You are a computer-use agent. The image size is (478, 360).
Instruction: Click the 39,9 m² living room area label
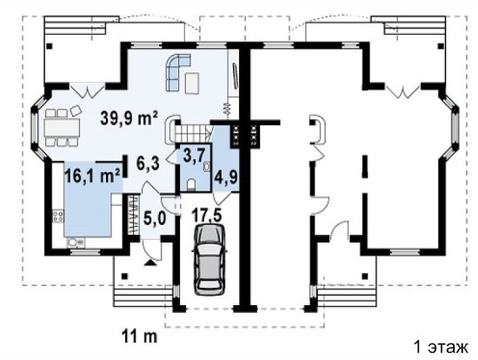pos(129,117)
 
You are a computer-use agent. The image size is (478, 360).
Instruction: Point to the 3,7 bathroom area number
pos(193,156)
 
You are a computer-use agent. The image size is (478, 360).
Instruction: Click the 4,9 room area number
pos(226,177)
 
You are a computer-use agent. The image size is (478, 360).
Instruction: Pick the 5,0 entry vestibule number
pos(155,219)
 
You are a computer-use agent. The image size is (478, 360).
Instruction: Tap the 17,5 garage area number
pos(207,215)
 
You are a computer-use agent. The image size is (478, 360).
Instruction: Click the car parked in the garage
pos(209,259)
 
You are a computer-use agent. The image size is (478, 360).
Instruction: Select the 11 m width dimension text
pos(140,336)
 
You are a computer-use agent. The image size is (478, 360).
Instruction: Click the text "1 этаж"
pos(441,347)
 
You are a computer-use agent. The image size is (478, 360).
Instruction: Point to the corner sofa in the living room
pos(177,72)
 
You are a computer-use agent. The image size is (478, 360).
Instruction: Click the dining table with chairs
pos(62,128)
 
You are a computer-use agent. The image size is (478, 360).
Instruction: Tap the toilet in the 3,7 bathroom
pos(191,184)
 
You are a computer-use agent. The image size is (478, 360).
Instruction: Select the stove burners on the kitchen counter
pos(57,216)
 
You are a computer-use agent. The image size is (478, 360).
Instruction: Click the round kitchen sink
pos(73,243)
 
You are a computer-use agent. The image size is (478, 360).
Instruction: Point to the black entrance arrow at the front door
pos(150,263)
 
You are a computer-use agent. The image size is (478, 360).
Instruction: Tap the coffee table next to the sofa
pos(192,83)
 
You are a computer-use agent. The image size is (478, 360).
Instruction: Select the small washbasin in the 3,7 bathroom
pos(207,166)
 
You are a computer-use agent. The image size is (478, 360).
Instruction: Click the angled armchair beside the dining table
pos(76,110)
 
